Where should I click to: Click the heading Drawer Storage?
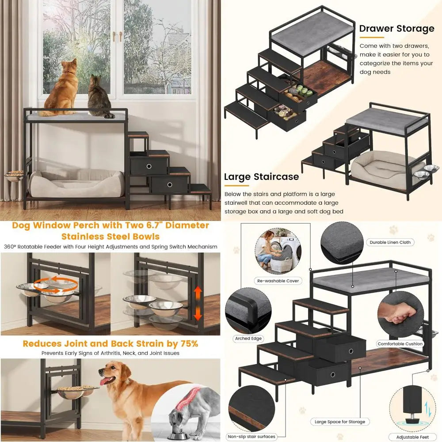(x=396, y=29)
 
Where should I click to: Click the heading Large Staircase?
(x=261, y=177)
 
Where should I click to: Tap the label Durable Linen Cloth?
(x=389, y=242)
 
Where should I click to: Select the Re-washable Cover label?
(x=278, y=281)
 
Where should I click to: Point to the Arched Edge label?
(x=248, y=339)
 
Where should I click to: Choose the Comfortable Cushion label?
(x=400, y=344)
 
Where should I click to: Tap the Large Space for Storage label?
(x=340, y=422)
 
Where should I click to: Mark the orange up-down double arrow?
(x=198, y=303)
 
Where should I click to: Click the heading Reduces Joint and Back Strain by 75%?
(x=110, y=343)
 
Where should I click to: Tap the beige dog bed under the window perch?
(x=76, y=183)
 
